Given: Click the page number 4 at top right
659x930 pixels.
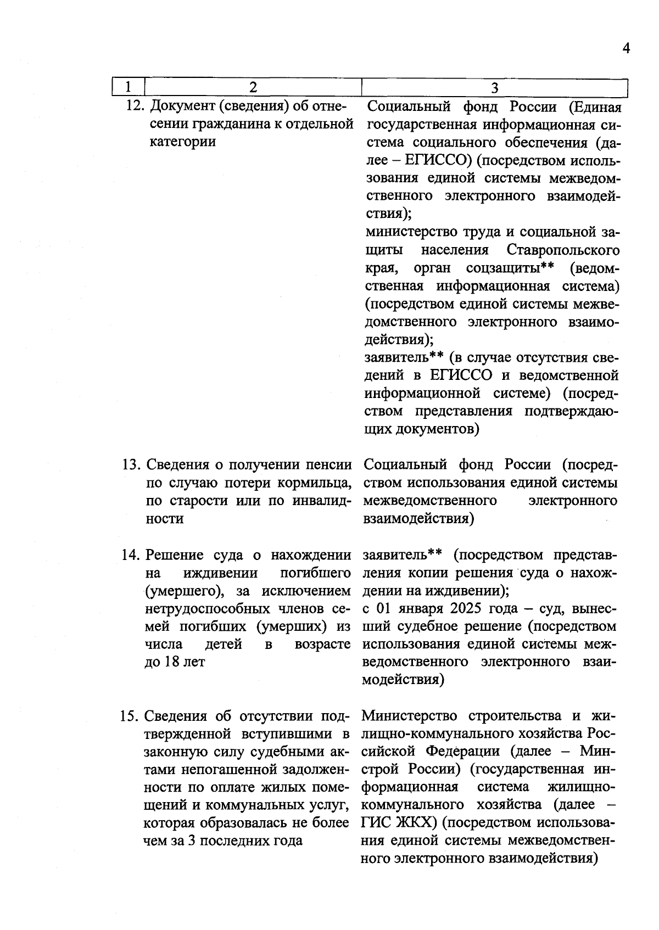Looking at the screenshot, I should click(x=626, y=48).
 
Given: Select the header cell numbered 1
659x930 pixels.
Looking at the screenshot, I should click(x=128, y=87).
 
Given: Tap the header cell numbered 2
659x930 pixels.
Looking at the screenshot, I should click(x=253, y=87).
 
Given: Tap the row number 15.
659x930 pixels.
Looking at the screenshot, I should click(x=130, y=717).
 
